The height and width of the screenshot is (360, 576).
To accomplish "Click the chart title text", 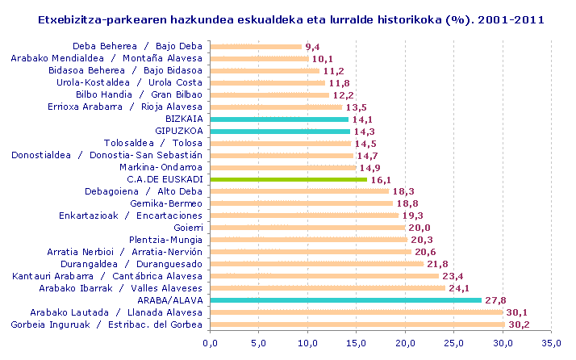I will point(290,19).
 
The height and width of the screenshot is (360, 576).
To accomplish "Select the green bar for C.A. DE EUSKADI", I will point(289,179).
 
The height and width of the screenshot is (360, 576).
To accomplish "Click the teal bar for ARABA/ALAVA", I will point(346,299).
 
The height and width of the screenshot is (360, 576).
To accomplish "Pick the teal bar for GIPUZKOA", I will point(280,131).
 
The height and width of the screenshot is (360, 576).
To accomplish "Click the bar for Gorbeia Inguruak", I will point(357,324).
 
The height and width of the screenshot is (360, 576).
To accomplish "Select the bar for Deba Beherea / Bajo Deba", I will point(256,46).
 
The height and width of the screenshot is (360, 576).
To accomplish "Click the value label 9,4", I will point(313,47).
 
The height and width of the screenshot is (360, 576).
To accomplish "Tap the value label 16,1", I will point(380,179).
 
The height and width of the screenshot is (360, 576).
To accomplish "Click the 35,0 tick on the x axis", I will point(552,344).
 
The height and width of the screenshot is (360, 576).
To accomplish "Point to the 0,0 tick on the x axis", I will point(211,344).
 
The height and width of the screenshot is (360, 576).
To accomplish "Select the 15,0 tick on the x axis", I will point(357,344).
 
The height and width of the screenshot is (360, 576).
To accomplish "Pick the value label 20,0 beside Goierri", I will point(418,228).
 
